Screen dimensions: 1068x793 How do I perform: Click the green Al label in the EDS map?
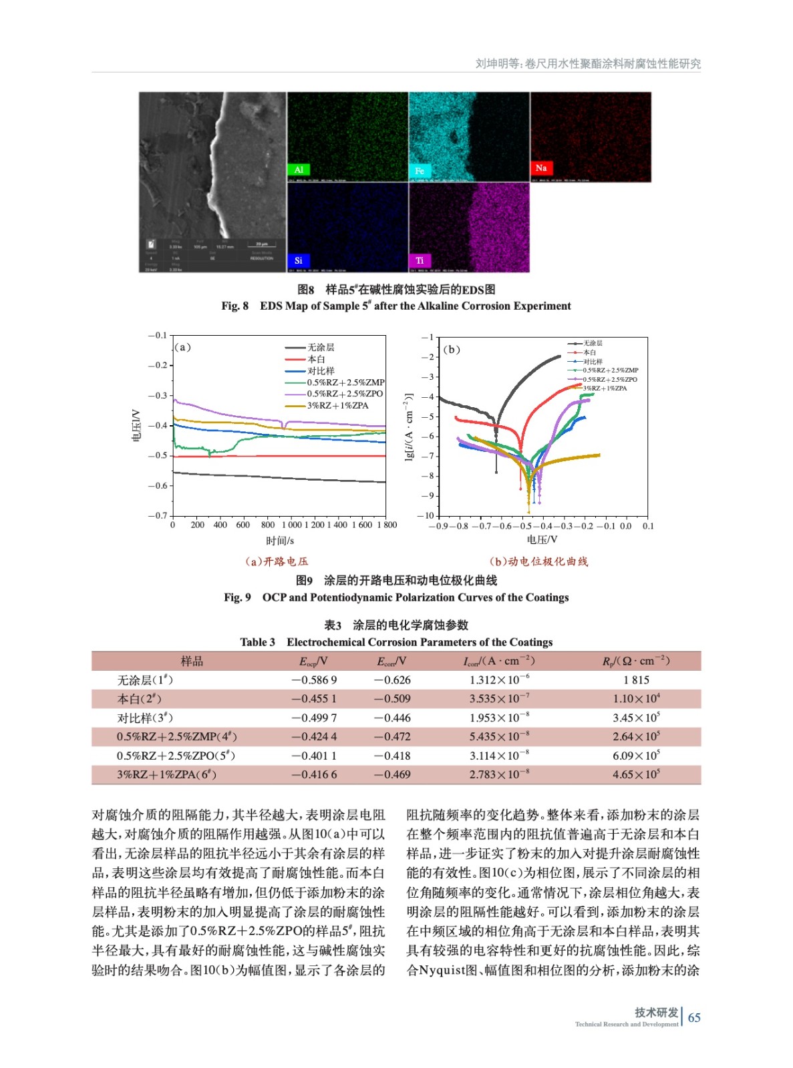coord(299,170)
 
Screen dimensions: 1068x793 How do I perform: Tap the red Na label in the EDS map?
coord(541,168)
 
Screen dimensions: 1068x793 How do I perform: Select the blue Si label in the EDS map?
coord(299,260)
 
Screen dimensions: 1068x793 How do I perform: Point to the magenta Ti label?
coord(420,260)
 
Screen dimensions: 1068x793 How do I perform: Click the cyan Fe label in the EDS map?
coord(420,171)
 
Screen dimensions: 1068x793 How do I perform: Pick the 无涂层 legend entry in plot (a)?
coord(321,347)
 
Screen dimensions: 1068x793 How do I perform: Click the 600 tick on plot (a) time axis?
coord(243,525)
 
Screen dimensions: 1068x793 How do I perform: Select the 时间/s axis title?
coord(280,541)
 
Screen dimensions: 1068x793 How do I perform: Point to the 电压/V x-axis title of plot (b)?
coord(542,539)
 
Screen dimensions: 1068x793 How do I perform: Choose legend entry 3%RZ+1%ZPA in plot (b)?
coord(605,388)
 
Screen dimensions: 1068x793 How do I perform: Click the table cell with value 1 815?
coord(636,680)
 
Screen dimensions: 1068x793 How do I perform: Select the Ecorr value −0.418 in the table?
coord(392,756)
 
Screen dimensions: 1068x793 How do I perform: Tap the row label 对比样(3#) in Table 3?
coord(145,718)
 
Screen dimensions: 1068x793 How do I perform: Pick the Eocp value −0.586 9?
coord(314,680)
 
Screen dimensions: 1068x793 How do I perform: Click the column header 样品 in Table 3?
coord(192,661)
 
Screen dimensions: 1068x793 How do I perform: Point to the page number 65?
coord(694,1018)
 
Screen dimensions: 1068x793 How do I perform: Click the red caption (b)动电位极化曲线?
coord(538,561)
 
